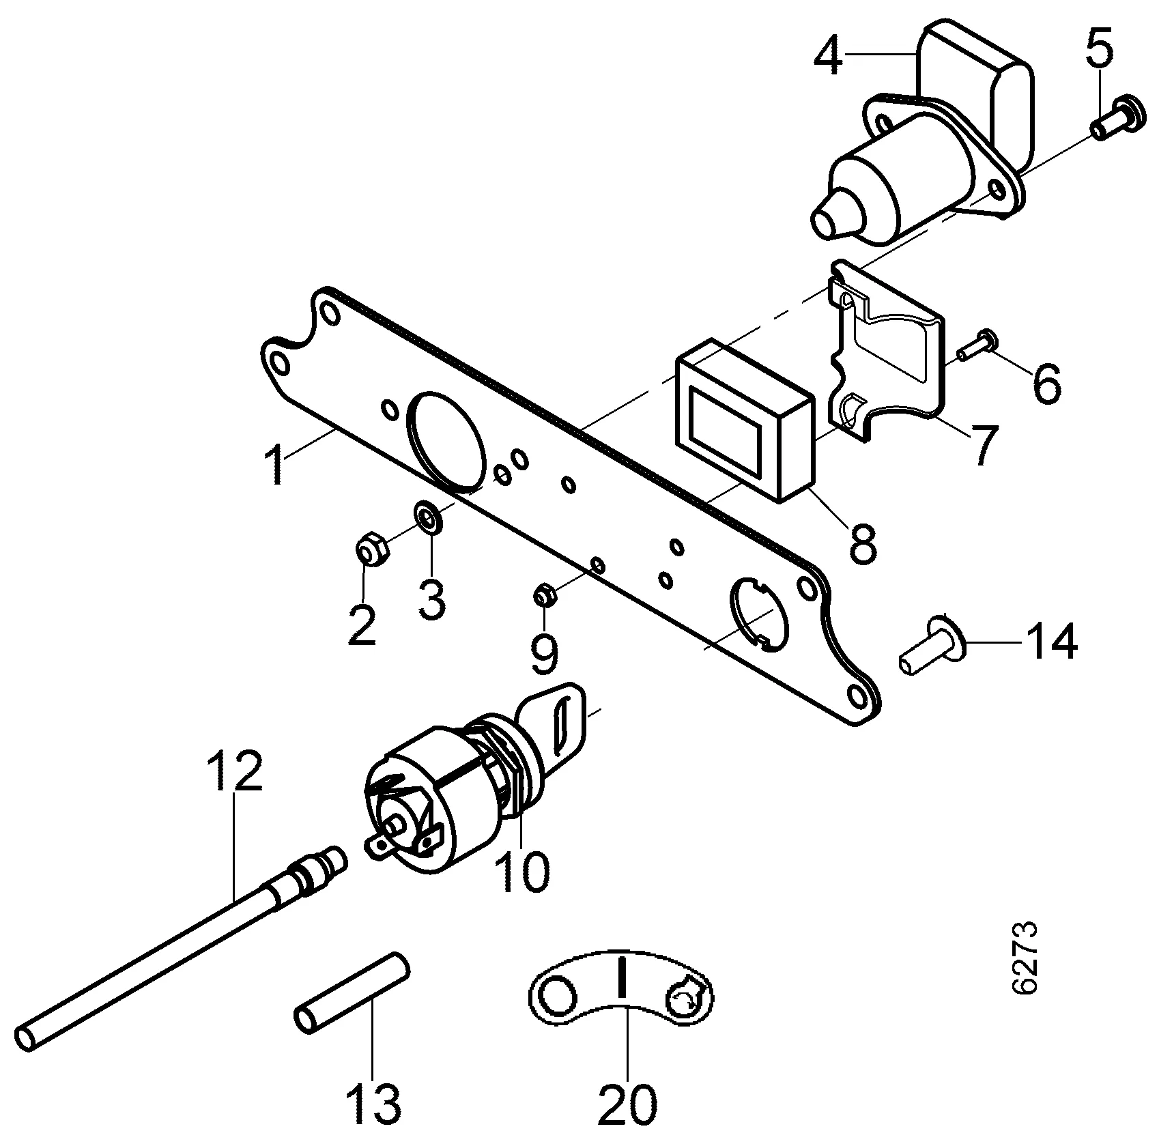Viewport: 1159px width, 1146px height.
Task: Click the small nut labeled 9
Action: (x=545, y=595)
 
